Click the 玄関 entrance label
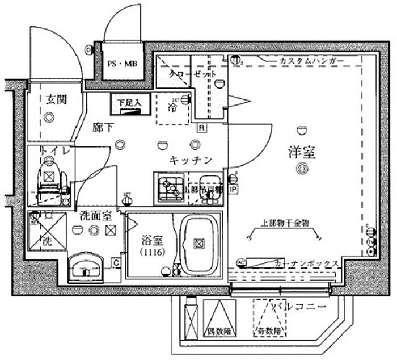click(56, 100)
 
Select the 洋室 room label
click(301, 152)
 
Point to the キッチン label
click(189, 161)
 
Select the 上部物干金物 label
click(285, 223)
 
